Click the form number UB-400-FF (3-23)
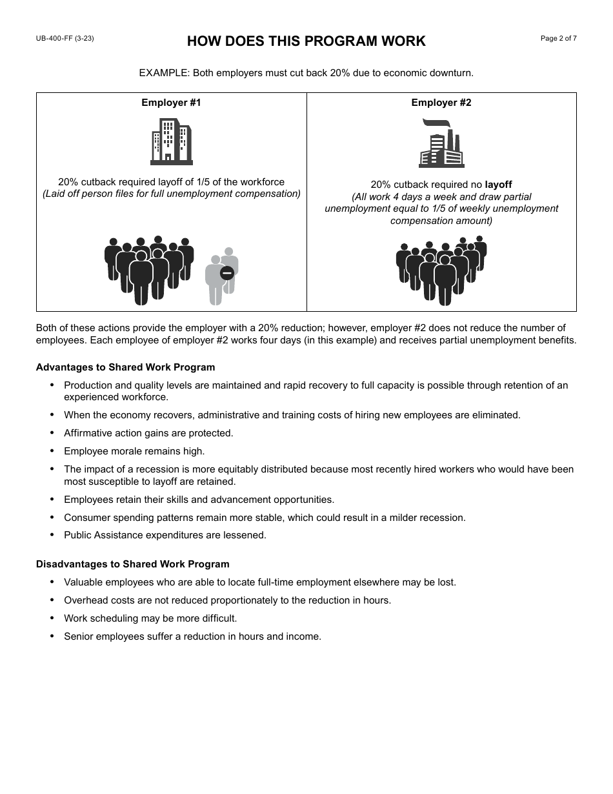(65, 39)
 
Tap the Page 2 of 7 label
(558, 39)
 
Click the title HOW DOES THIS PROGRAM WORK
(306, 41)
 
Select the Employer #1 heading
(171, 103)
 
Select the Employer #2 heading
(441, 103)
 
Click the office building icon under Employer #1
(171, 141)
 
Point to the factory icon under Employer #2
(441, 143)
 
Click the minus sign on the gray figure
(226, 273)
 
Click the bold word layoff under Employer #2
(498, 185)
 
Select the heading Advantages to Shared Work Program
(125, 367)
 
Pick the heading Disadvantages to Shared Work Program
(132, 564)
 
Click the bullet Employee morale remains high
(134, 451)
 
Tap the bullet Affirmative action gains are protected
(148, 433)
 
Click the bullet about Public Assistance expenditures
(165, 535)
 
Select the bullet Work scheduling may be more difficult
(150, 618)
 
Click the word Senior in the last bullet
(78, 636)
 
